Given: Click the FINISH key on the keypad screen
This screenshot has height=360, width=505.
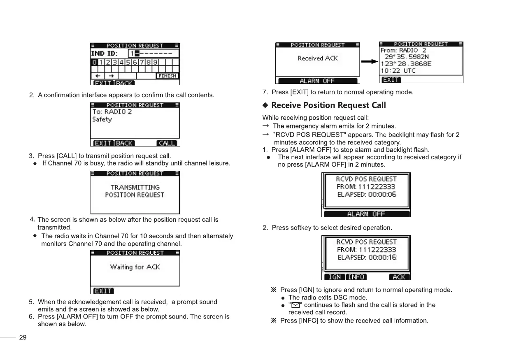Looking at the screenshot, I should [x=167, y=76].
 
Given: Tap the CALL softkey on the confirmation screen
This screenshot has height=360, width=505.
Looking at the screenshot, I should [x=167, y=143].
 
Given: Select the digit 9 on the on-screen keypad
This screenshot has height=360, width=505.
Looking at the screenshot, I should [x=155, y=62].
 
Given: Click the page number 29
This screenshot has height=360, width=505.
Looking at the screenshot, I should [x=23, y=337].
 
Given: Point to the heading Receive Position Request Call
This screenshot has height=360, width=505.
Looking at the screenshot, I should [x=328, y=105].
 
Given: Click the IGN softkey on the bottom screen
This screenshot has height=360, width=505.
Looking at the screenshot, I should [x=335, y=277].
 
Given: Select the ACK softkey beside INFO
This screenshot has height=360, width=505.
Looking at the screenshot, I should [x=399, y=277].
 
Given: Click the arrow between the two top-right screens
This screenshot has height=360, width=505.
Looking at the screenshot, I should [x=369, y=61].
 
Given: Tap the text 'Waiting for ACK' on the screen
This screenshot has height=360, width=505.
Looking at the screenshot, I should [x=135, y=267].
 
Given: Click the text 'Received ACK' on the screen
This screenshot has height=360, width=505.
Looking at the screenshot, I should [x=318, y=58].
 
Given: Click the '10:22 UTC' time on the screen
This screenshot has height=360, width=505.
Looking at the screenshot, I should [x=398, y=71].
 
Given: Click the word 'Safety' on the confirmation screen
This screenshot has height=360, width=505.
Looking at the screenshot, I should [x=102, y=119].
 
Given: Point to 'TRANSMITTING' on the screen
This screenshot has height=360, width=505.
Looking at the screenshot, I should [x=135, y=187].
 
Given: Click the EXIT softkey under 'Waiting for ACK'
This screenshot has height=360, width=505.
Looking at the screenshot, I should [x=103, y=291].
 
